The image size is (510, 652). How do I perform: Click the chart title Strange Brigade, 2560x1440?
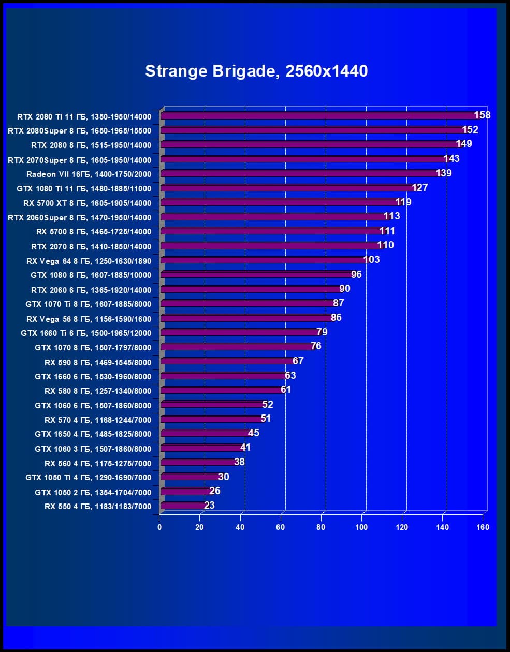pos(256,71)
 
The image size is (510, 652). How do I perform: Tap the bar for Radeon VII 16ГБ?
pos(300,174)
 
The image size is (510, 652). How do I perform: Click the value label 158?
pos(482,115)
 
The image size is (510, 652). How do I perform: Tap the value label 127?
pos(420,187)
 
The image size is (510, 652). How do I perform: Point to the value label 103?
pos(371,259)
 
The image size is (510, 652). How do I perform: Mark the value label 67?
pos(298,361)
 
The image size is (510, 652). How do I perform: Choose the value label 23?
pos(209,505)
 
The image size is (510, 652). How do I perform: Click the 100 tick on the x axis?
pos(361,527)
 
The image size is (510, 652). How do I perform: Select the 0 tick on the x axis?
pos(159,527)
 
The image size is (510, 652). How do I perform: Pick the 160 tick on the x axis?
pos(483,527)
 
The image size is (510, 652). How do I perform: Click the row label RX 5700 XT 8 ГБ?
pos(87,203)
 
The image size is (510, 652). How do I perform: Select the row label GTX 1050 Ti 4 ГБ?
pos(88,478)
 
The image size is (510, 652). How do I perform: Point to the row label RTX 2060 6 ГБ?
pos(91,290)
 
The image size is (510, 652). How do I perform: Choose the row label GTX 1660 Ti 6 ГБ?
pos(86,333)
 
